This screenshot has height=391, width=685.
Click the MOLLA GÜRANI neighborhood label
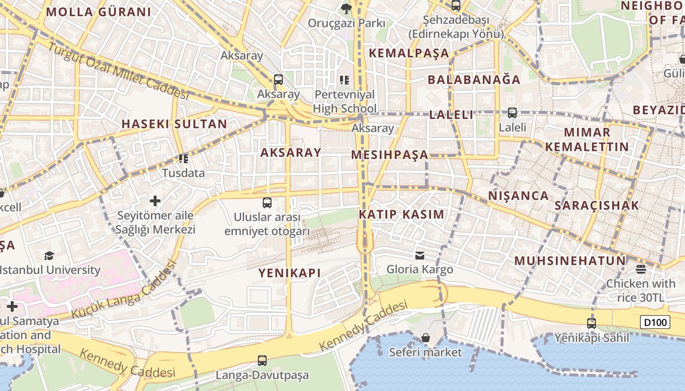(x=98, y=12)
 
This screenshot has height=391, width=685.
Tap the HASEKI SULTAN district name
(x=174, y=124)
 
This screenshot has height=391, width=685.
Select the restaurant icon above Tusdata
(x=183, y=158)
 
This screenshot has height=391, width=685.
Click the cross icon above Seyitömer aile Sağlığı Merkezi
(x=155, y=201)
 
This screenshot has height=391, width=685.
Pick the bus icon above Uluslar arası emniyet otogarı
(x=267, y=202)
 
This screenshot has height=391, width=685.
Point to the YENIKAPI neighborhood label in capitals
(x=290, y=273)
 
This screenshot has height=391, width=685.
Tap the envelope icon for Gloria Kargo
(x=420, y=255)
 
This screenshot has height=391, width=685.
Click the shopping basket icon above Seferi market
(x=426, y=338)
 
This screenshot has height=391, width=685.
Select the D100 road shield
(x=655, y=322)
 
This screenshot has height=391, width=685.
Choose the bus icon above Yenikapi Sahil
(x=592, y=323)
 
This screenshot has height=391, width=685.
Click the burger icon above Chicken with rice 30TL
(x=641, y=269)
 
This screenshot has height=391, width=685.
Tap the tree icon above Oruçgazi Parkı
(x=346, y=8)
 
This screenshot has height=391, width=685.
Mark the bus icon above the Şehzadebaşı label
(x=456, y=6)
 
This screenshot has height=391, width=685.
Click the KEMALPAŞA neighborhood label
(x=409, y=53)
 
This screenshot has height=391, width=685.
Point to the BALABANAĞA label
(x=474, y=80)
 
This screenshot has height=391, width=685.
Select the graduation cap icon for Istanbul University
(x=49, y=256)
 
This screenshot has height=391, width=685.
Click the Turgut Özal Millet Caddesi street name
(x=118, y=71)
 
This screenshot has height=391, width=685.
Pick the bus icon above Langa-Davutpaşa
(x=262, y=361)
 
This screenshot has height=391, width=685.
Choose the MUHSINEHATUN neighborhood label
(x=570, y=261)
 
